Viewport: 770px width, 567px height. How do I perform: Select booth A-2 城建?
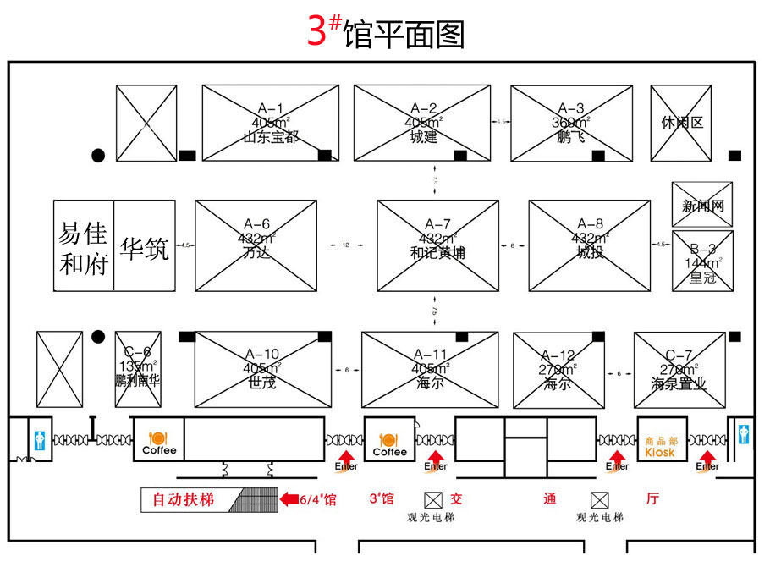click(x=422, y=123)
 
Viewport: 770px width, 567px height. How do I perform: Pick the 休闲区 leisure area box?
click(x=682, y=123)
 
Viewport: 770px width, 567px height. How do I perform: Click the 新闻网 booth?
click(x=702, y=205)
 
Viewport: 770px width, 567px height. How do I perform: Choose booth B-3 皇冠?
click(x=702, y=261)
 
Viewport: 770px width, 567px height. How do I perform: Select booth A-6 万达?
click(x=256, y=245)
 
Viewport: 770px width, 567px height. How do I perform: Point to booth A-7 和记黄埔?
click(x=437, y=245)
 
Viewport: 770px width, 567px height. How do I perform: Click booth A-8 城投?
click(x=590, y=245)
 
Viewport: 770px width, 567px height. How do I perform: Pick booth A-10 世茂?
click(x=261, y=369)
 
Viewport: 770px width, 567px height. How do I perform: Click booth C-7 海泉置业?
click(x=679, y=369)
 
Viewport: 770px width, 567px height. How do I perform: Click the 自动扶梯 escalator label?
click(x=184, y=500)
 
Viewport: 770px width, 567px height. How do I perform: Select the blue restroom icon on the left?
click(x=40, y=439)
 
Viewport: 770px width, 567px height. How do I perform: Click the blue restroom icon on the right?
click(x=743, y=433)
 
